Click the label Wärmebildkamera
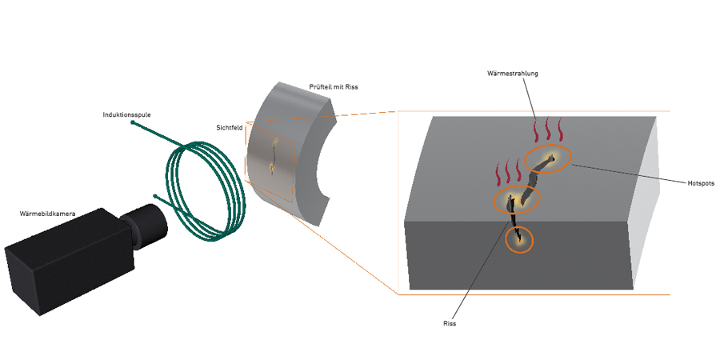tap(46, 214)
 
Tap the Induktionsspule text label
tap(126, 114)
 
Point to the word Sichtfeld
tap(230, 126)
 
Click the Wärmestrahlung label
tap(513, 74)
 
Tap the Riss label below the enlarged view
tap(450, 324)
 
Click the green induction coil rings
tap(203, 187)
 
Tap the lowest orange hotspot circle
tap(519, 238)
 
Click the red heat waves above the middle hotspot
tap(508, 171)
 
